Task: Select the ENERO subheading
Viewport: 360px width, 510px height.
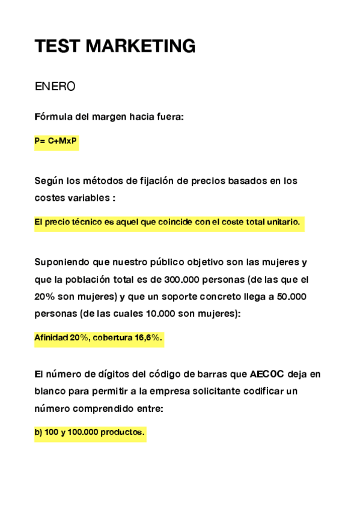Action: click(55, 87)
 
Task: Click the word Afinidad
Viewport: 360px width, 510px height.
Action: click(51, 338)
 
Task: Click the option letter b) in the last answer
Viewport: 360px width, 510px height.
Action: click(38, 432)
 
